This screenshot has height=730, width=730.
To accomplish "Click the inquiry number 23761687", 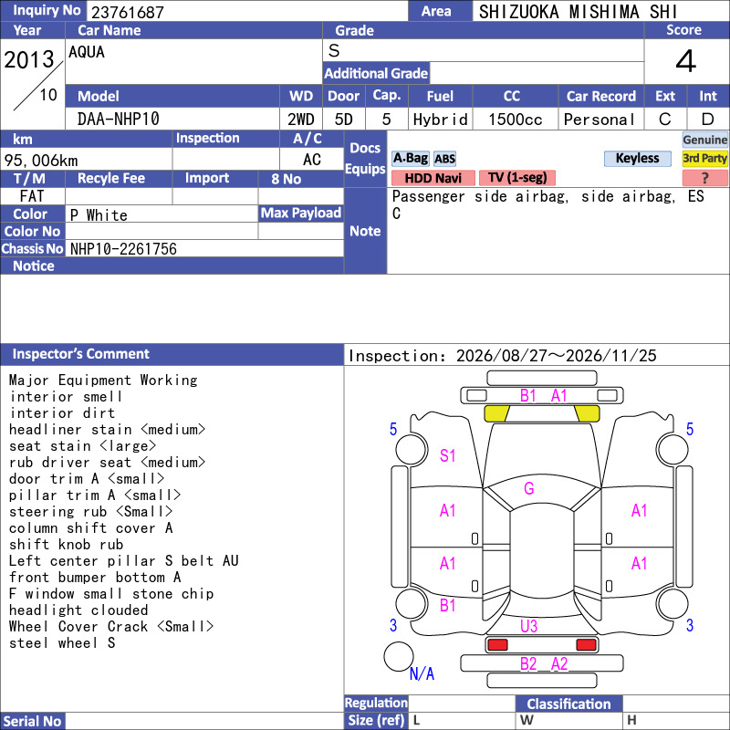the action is pyautogui.click(x=128, y=12).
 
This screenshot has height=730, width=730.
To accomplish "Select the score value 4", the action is pyautogui.click(x=686, y=61).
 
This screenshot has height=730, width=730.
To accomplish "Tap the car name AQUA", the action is pyautogui.click(x=87, y=52).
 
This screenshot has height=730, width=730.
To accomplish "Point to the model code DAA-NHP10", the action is pyautogui.click(x=119, y=120).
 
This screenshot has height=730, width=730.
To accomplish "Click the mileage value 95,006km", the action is pyautogui.click(x=41, y=161).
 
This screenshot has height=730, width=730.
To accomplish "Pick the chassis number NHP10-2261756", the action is pyautogui.click(x=123, y=249).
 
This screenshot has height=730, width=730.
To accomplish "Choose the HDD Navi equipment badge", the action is pyautogui.click(x=433, y=178).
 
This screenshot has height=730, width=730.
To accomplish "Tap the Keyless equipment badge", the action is pyautogui.click(x=637, y=158).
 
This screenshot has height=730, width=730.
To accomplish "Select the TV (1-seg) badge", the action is pyautogui.click(x=517, y=178).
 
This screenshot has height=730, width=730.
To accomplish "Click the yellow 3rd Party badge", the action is pyautogui.click(x=704, y=158).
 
